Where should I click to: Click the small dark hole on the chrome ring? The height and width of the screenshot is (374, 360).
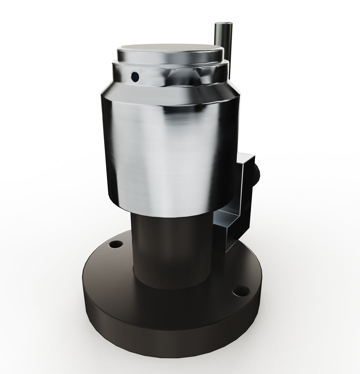pos(135,77)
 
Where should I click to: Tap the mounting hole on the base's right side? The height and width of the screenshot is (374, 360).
pos(241,291)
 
